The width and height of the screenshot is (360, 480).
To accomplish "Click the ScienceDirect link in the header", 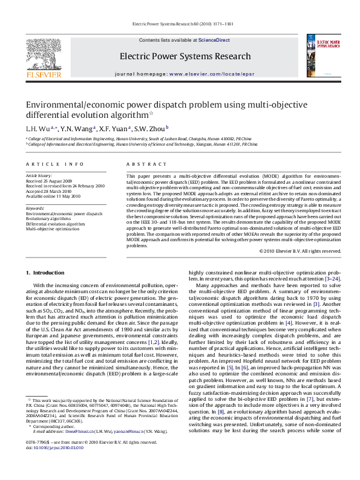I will click(x=214, y=40).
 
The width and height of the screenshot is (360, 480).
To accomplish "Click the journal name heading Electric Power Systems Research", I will click(x=180, y=56).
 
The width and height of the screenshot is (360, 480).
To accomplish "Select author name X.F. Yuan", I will click(x=114, y=128).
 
